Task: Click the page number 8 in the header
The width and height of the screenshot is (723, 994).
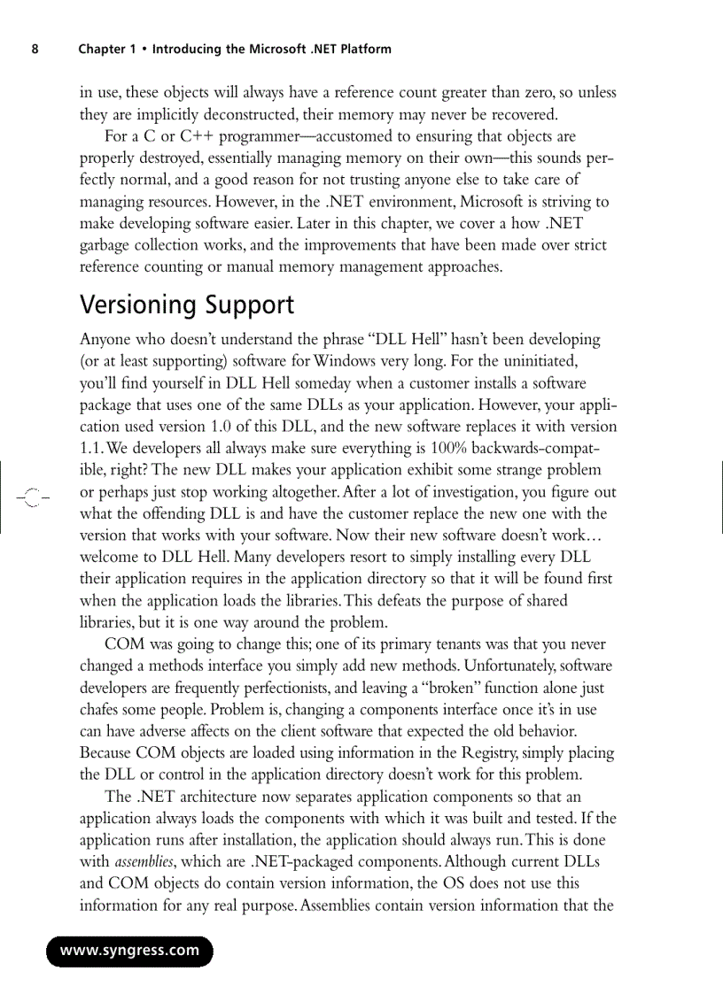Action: click(35, 49)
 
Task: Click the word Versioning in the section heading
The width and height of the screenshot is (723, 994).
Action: click(138, 305)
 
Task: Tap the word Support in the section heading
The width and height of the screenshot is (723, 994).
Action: click(249, 305)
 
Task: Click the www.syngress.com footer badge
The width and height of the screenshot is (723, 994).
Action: click(129, 951)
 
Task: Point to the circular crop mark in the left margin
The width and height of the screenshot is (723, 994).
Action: click(33, 497)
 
